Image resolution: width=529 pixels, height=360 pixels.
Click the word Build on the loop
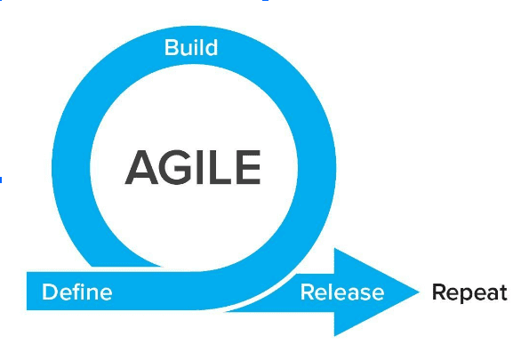[x=191, y=48]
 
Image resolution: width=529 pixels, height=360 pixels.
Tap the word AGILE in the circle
[x=193, y=167]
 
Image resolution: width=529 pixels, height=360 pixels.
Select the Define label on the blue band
[x=77, y=292]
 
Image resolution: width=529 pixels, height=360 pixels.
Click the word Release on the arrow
[x=342, y=292]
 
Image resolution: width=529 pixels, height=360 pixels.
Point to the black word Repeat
[x=469, y=292]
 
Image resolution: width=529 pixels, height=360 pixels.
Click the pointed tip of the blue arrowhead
[x=419, y=292]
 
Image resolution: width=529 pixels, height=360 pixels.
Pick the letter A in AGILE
[x=141, y=167]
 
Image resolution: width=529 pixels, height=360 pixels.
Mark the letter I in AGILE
[x=201, y=167]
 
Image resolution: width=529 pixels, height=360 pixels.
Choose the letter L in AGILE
[x=220, y=167]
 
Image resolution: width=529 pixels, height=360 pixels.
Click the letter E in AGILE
[x=249, y=167]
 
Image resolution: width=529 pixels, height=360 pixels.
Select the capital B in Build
[x=172, y=48]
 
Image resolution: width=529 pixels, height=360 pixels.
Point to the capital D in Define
[x=50, y=292]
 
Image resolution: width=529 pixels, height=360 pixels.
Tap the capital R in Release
[x=308, y=292]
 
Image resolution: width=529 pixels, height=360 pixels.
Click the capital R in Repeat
[x=439, y=292]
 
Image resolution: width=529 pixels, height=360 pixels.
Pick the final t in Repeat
[x=503, y=292]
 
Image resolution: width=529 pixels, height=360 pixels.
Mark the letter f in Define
[x=77, y=292]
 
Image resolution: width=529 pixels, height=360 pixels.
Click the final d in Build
[x=212, y=48]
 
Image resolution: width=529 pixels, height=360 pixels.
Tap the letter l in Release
[x=332, y=292]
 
